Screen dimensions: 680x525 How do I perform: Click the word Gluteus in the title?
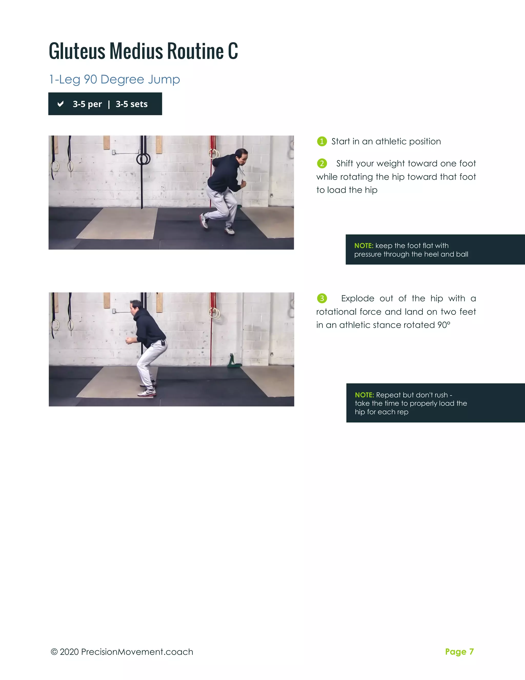click(77, 51)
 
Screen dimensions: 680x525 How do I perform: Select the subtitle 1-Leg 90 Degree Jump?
click(114, 79)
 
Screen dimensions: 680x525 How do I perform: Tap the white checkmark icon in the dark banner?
click(61, 104)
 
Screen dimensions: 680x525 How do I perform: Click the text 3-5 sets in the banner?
click(132, 104)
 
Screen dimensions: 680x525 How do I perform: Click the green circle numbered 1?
click(322, 141)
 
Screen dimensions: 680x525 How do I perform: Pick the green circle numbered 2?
click(322, 163)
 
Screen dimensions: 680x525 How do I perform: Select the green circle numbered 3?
click(322, 298)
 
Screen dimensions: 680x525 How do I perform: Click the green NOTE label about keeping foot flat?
click(363, 246)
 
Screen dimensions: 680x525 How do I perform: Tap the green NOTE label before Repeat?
click(364, 395)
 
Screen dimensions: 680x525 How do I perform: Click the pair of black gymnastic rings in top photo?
click(143, 159)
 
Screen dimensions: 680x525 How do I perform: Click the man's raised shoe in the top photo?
click(204, 220)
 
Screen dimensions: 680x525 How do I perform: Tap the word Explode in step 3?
click(357, 298)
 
